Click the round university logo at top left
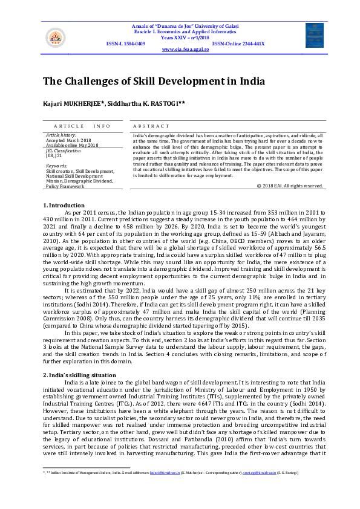point(54,37)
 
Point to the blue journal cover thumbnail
point(314,35)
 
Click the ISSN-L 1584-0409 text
point(125,44)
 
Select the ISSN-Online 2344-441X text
point(238,44)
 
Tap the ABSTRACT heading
point(151,126)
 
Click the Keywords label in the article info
point(56,165)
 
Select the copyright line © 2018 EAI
point(290,186)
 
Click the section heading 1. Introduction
point(64,205)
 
